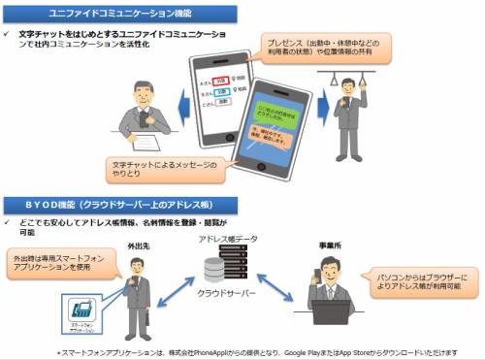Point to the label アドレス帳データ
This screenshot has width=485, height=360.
click(227, 239)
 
